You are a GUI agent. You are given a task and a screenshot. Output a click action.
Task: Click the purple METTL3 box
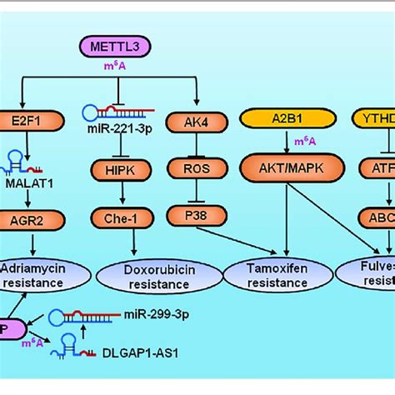(x=120, y=47)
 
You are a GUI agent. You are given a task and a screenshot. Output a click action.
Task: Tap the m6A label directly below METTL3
(x=119, y=66)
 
